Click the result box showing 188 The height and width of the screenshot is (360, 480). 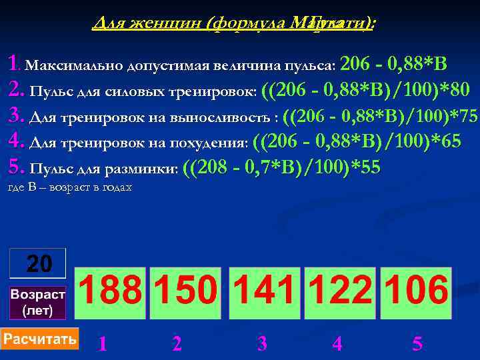[111, 293]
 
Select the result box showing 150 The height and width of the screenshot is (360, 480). [186, 293]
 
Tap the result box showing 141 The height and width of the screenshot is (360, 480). [265, 293]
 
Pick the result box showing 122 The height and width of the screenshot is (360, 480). [340, 293]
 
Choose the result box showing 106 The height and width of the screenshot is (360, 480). [415, 293]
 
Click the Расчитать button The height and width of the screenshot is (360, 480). [40, 339]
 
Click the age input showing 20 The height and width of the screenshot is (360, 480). [38, 263]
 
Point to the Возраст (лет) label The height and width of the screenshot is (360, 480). [38, 303]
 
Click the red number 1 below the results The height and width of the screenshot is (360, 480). [102, 344]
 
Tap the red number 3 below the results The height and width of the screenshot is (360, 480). [262, 344]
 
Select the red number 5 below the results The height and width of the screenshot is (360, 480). [417, 344]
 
